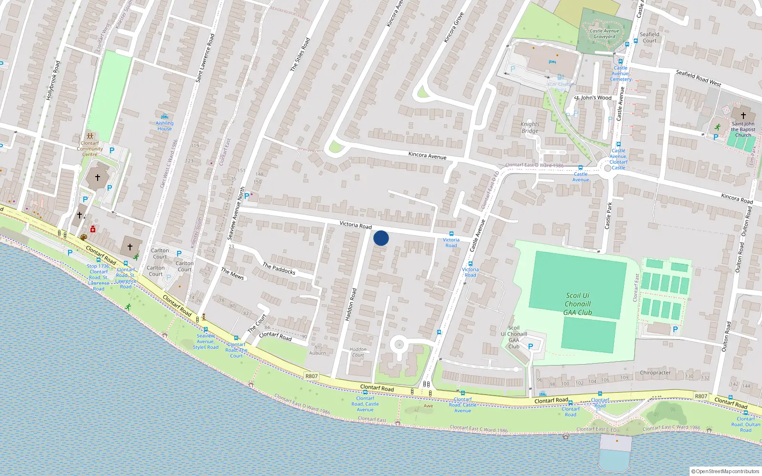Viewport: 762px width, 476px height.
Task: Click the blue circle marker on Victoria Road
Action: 381,238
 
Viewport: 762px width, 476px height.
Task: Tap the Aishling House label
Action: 164,126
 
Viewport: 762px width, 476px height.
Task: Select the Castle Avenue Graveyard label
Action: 604,34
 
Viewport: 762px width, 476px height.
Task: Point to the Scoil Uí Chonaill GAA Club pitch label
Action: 578,304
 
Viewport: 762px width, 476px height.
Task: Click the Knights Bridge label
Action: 530,127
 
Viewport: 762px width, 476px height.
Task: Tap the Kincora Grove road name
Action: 453,28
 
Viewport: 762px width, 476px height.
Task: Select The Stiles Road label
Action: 300,55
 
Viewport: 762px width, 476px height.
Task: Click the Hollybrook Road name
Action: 53,80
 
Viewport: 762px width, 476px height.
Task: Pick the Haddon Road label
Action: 351,304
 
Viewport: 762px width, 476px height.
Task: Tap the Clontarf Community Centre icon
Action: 90,137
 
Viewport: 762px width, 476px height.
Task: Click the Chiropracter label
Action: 655,373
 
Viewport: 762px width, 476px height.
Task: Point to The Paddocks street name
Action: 279,269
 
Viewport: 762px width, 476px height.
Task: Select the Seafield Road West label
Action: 698,78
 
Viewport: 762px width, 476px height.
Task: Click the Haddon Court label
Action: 358,352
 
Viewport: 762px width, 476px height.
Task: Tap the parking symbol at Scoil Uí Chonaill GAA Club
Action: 530,347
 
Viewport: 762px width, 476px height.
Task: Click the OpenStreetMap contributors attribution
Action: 727,471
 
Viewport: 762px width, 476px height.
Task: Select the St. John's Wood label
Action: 593,98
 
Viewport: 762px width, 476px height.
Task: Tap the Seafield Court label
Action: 649,37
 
